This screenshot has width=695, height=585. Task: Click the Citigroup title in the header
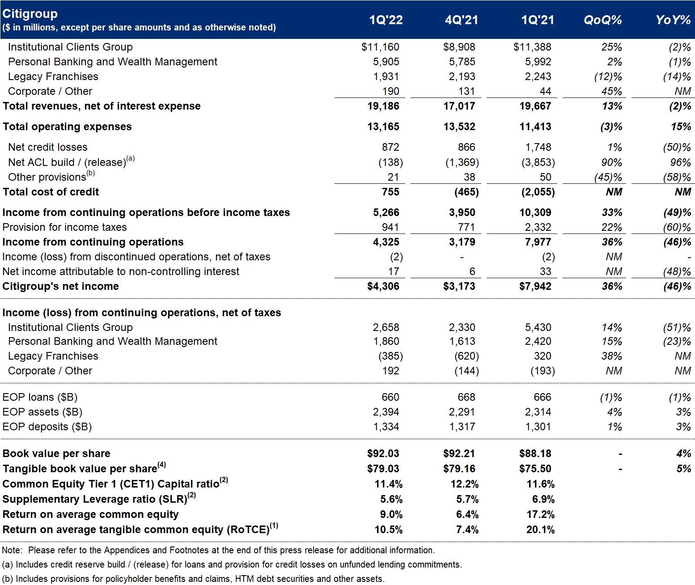tap(30, 14)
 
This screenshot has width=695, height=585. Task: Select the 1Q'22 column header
tap(386, 20)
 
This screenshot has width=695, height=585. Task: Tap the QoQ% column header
tap(603, 20)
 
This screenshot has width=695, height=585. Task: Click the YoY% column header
tap(673, 20)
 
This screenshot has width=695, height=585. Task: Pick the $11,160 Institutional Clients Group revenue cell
tap(380, 47)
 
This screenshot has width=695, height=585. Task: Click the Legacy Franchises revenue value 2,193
tap(462, 76)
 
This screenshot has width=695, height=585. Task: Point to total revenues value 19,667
tap(535, 106)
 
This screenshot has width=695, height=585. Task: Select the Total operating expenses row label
tap(67, 127)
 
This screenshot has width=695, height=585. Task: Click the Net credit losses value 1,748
tap(538, 147)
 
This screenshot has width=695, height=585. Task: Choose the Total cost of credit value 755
tap(390, 192)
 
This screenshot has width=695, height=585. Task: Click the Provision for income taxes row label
tap(64, 227)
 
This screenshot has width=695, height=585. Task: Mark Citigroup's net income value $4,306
tap(383, 286)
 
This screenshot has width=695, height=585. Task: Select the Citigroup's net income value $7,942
tap(535, 286)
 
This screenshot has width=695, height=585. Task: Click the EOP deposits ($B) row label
tap(47, 427)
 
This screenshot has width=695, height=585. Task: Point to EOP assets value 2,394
tap(386, 412)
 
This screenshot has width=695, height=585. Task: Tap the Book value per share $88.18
tap(535, 454)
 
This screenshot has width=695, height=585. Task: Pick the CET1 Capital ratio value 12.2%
tap(464, 484)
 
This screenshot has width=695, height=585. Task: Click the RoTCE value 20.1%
tap(541, 530)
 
